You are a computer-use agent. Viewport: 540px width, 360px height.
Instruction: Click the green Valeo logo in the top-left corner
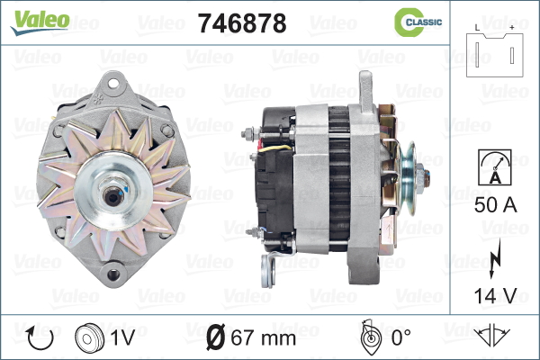[40, 22]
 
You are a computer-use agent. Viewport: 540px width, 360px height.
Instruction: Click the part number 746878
[242, 23]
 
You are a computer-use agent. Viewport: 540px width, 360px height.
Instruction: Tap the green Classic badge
[418, 22]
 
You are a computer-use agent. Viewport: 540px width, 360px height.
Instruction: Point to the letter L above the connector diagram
[477, 28]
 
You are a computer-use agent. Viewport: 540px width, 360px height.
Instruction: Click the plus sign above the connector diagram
[512, 28]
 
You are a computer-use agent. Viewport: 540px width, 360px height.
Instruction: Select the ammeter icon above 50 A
[495, 167]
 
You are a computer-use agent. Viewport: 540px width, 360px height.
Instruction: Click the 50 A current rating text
[496, 205]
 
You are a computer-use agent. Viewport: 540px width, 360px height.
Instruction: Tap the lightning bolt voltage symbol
[494, 258]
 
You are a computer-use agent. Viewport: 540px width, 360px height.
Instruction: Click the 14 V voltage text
[496, 295]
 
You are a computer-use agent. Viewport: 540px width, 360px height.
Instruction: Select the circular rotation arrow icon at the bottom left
[40, 338]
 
